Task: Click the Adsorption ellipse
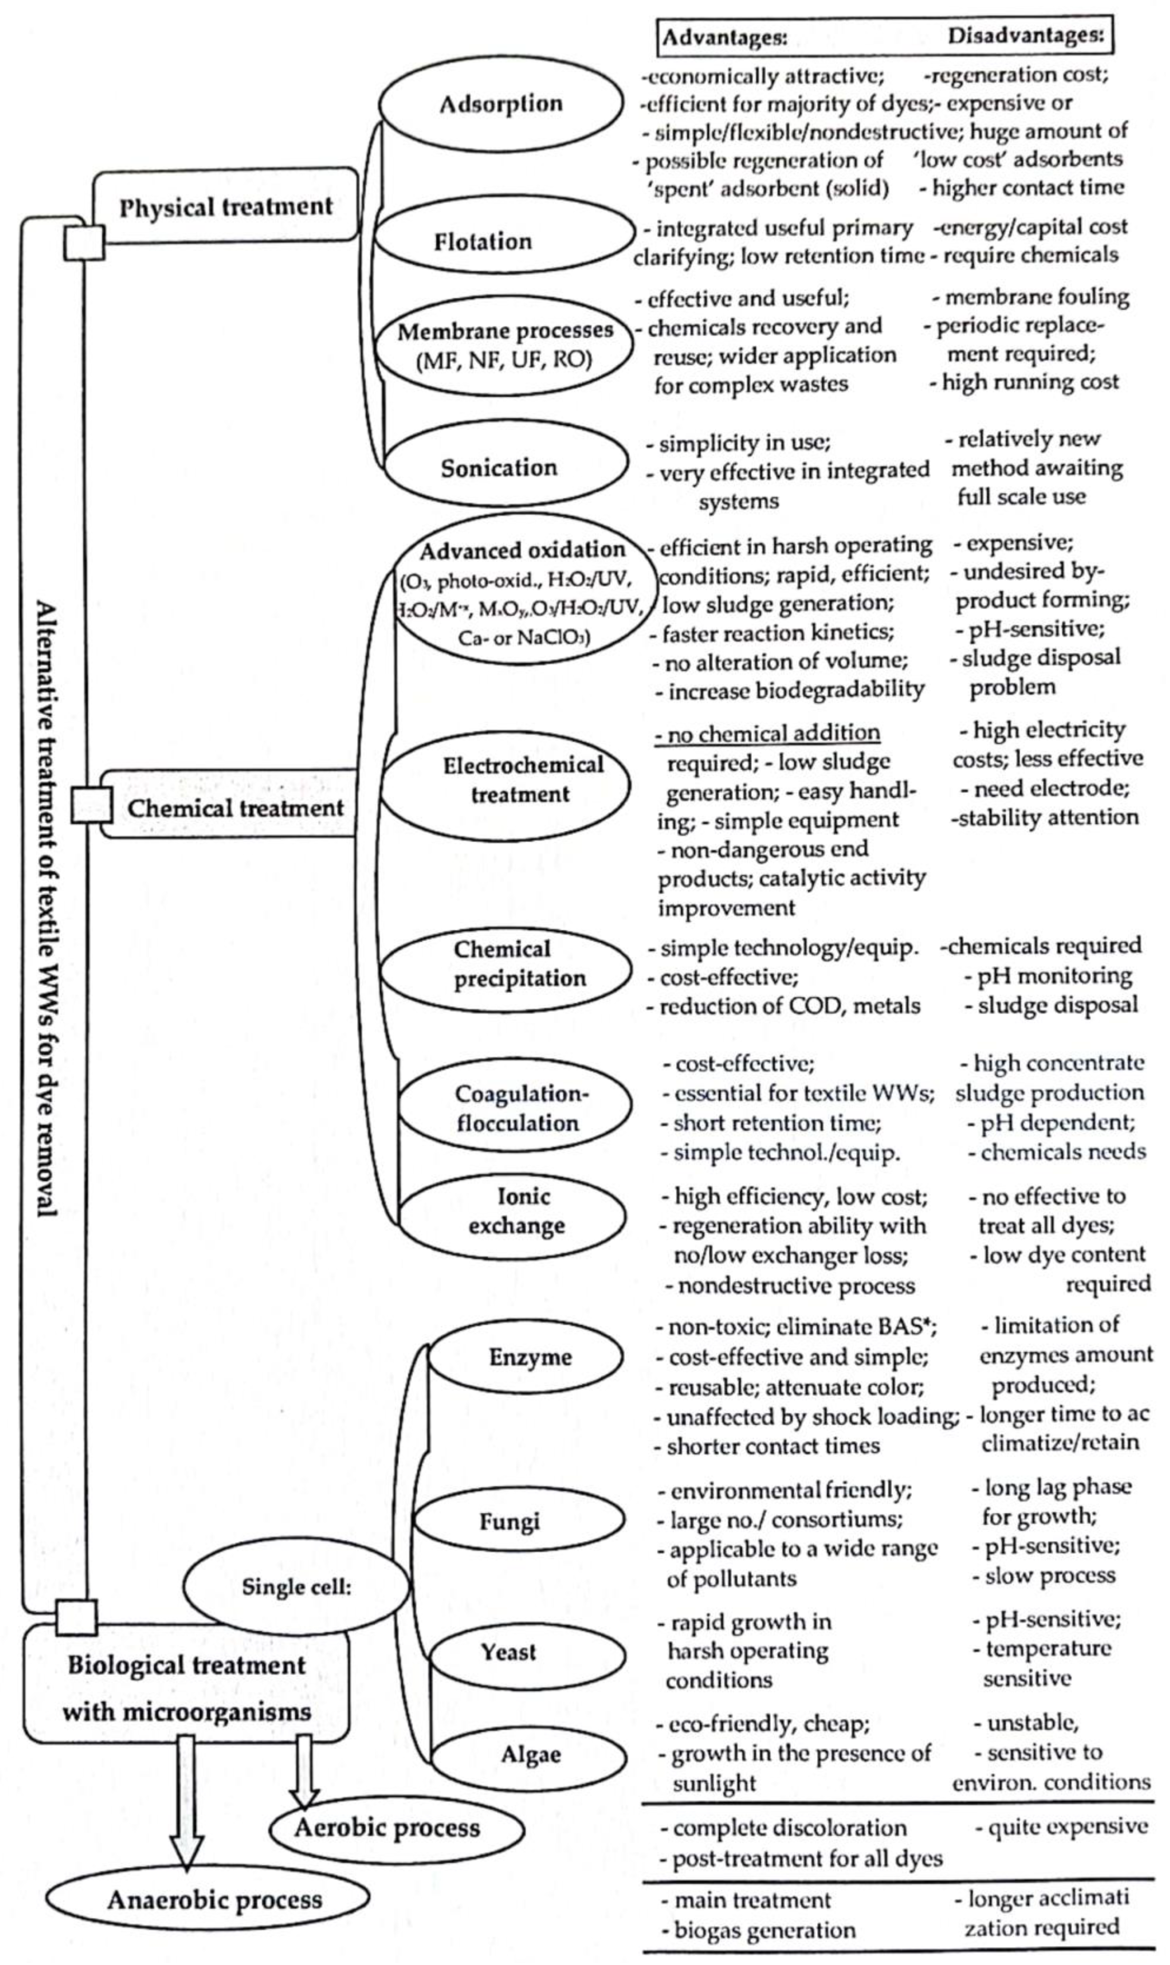click(x=501, y=103)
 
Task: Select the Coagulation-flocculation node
click(x=517, y=1108)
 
